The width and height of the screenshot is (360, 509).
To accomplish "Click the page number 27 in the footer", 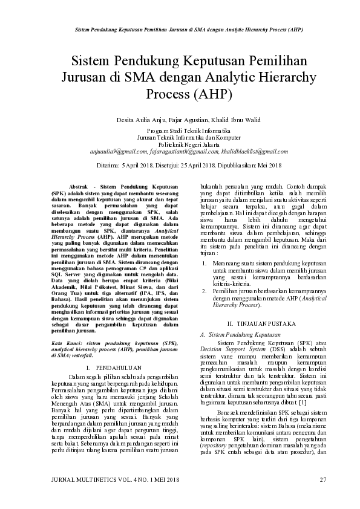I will point(322,480).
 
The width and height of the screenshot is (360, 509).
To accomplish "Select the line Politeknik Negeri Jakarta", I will point(180,144).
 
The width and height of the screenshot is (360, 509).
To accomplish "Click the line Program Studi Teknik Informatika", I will point(180,131).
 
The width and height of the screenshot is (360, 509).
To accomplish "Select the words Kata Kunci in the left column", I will point(65,342).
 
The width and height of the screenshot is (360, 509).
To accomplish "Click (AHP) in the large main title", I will point(212,94).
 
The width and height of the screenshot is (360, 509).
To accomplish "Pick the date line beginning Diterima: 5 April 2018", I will point(180,164).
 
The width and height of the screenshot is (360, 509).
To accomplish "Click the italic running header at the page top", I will point(180,29).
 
